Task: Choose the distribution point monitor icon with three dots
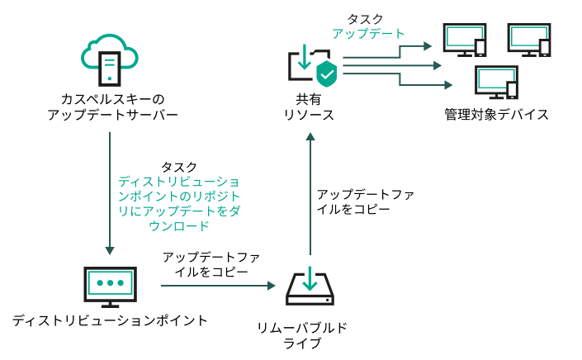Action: coord(108,286)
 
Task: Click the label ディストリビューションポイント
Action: coord(109,320)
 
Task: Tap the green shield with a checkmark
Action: coord(327,73)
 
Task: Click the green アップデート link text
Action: coord(368,34)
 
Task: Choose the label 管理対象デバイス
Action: coord(495,114)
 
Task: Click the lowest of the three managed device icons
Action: coord(495,82)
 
